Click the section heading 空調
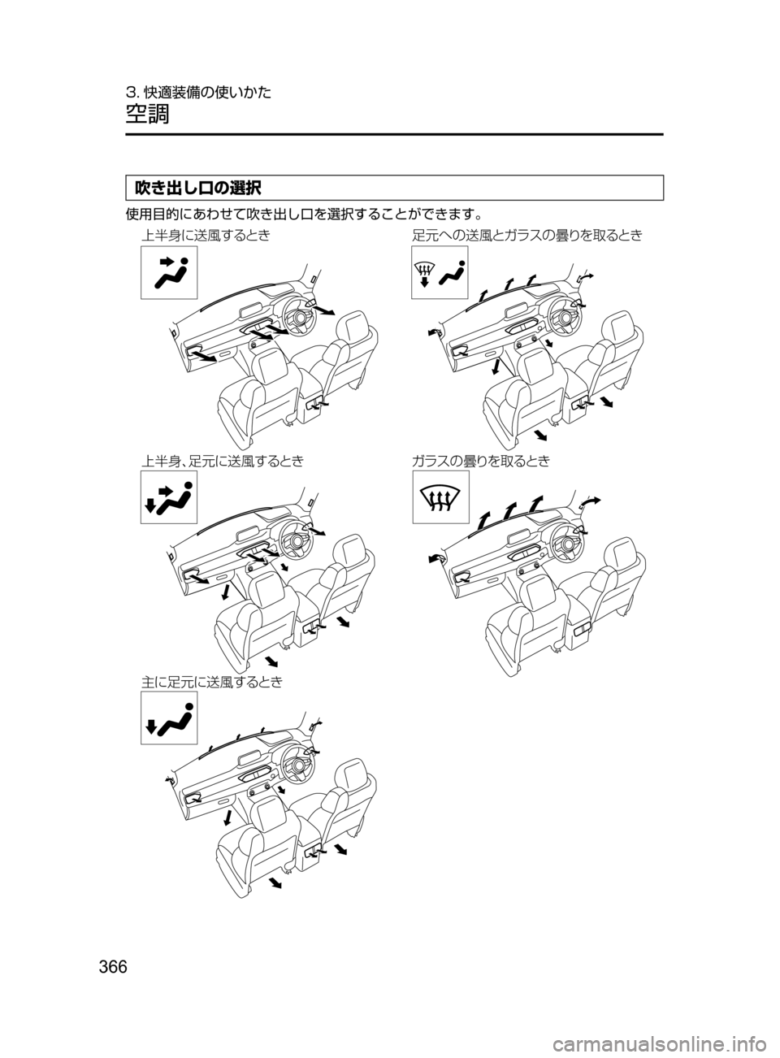[x=147, y=114]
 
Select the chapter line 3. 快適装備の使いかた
[x=197, y=92]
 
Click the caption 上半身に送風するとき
[x=205, y=236]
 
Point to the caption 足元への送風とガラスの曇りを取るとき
[x=526, y=236]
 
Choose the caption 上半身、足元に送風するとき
[x=223, y=462]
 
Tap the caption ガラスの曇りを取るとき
[x=481, y=462]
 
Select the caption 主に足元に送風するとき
[x=211, y=683]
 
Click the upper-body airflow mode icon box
[x=169, y=272]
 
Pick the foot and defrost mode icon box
[x=440, y=272]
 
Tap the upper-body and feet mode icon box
[x=169, y=497]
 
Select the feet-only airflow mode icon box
[x=169, y=718]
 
